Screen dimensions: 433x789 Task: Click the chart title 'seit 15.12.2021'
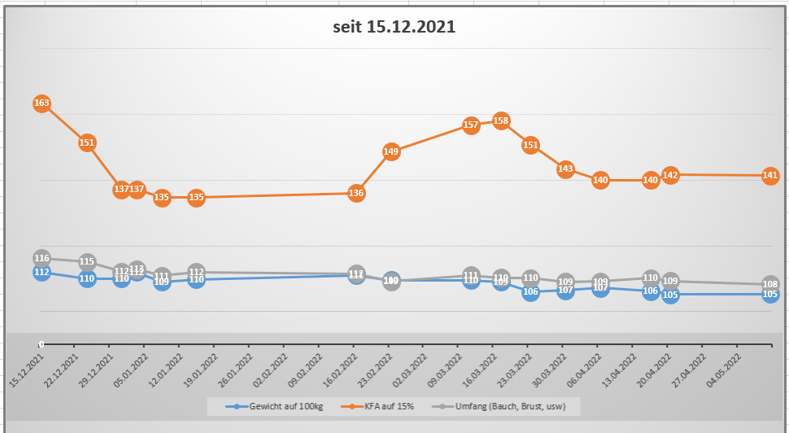[394, 26]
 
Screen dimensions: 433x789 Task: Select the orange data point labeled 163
[42, 103]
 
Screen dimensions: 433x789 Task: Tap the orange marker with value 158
[501, 120]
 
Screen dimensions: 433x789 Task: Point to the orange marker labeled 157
[470, 125]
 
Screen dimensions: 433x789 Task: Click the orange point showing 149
[391, 151]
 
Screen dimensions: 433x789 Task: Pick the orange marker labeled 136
[356, 193]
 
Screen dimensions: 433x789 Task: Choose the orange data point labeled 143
[566, 169]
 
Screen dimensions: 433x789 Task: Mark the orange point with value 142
[670, 175]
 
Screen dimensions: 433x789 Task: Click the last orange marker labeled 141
[771, 176]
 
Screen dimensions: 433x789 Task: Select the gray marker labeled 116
[42, 258]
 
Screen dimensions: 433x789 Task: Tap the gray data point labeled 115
[87, 262]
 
